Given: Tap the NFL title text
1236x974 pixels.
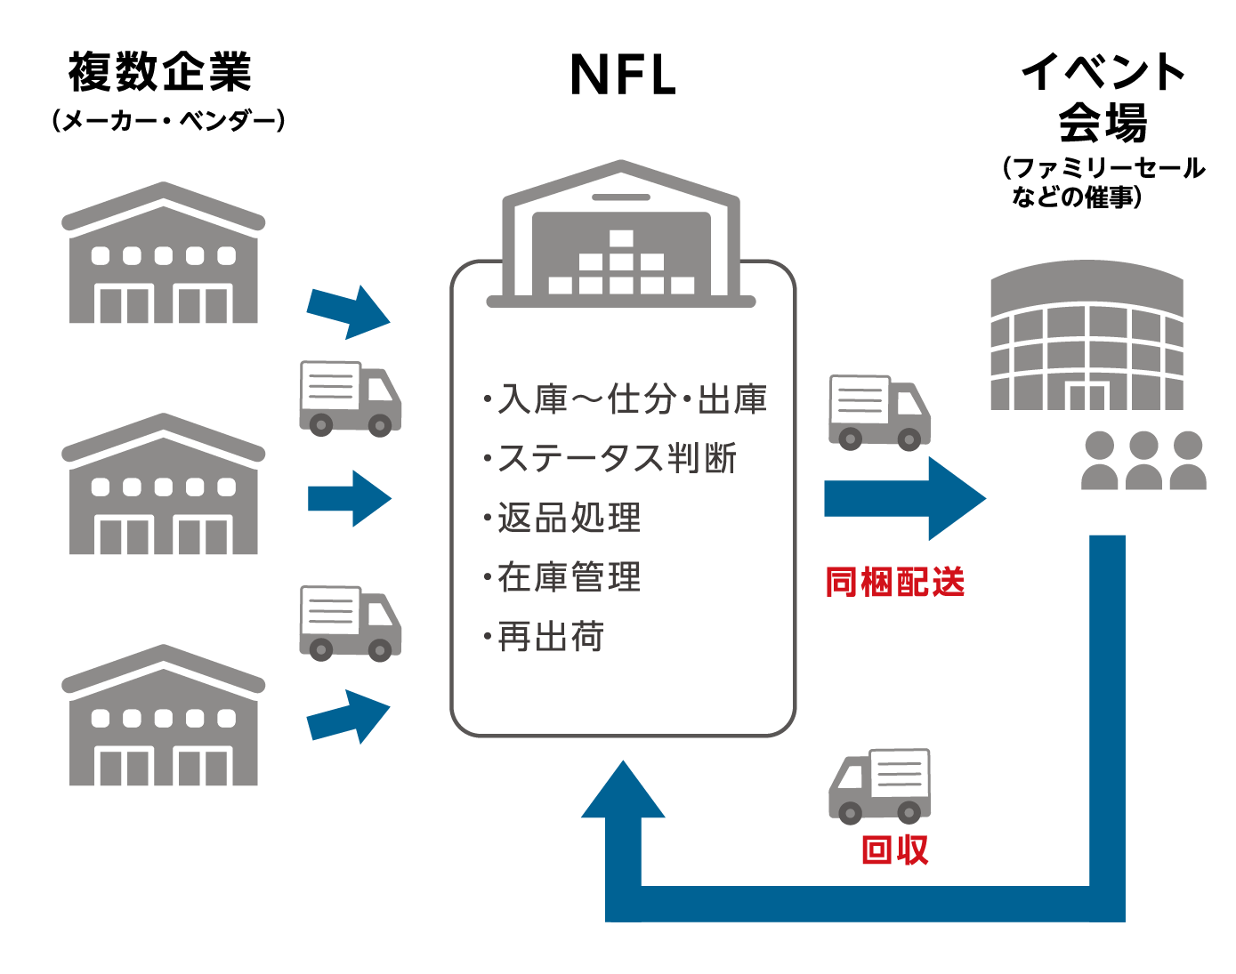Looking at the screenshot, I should (x=623, y=75).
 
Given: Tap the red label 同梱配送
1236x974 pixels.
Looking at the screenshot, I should (x=895, y=583).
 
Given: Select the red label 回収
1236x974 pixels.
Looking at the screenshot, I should (x=895, y=850).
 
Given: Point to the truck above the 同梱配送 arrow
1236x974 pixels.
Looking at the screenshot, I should (x=879, y=412).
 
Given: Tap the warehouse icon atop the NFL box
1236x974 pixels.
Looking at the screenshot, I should (x=621, y=233).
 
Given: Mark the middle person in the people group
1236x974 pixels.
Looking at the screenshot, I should (x=1143, y=461).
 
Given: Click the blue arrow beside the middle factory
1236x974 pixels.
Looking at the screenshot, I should (x=350, y=498).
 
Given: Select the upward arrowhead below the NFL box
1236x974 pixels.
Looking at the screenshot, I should (x=623, y=792).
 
